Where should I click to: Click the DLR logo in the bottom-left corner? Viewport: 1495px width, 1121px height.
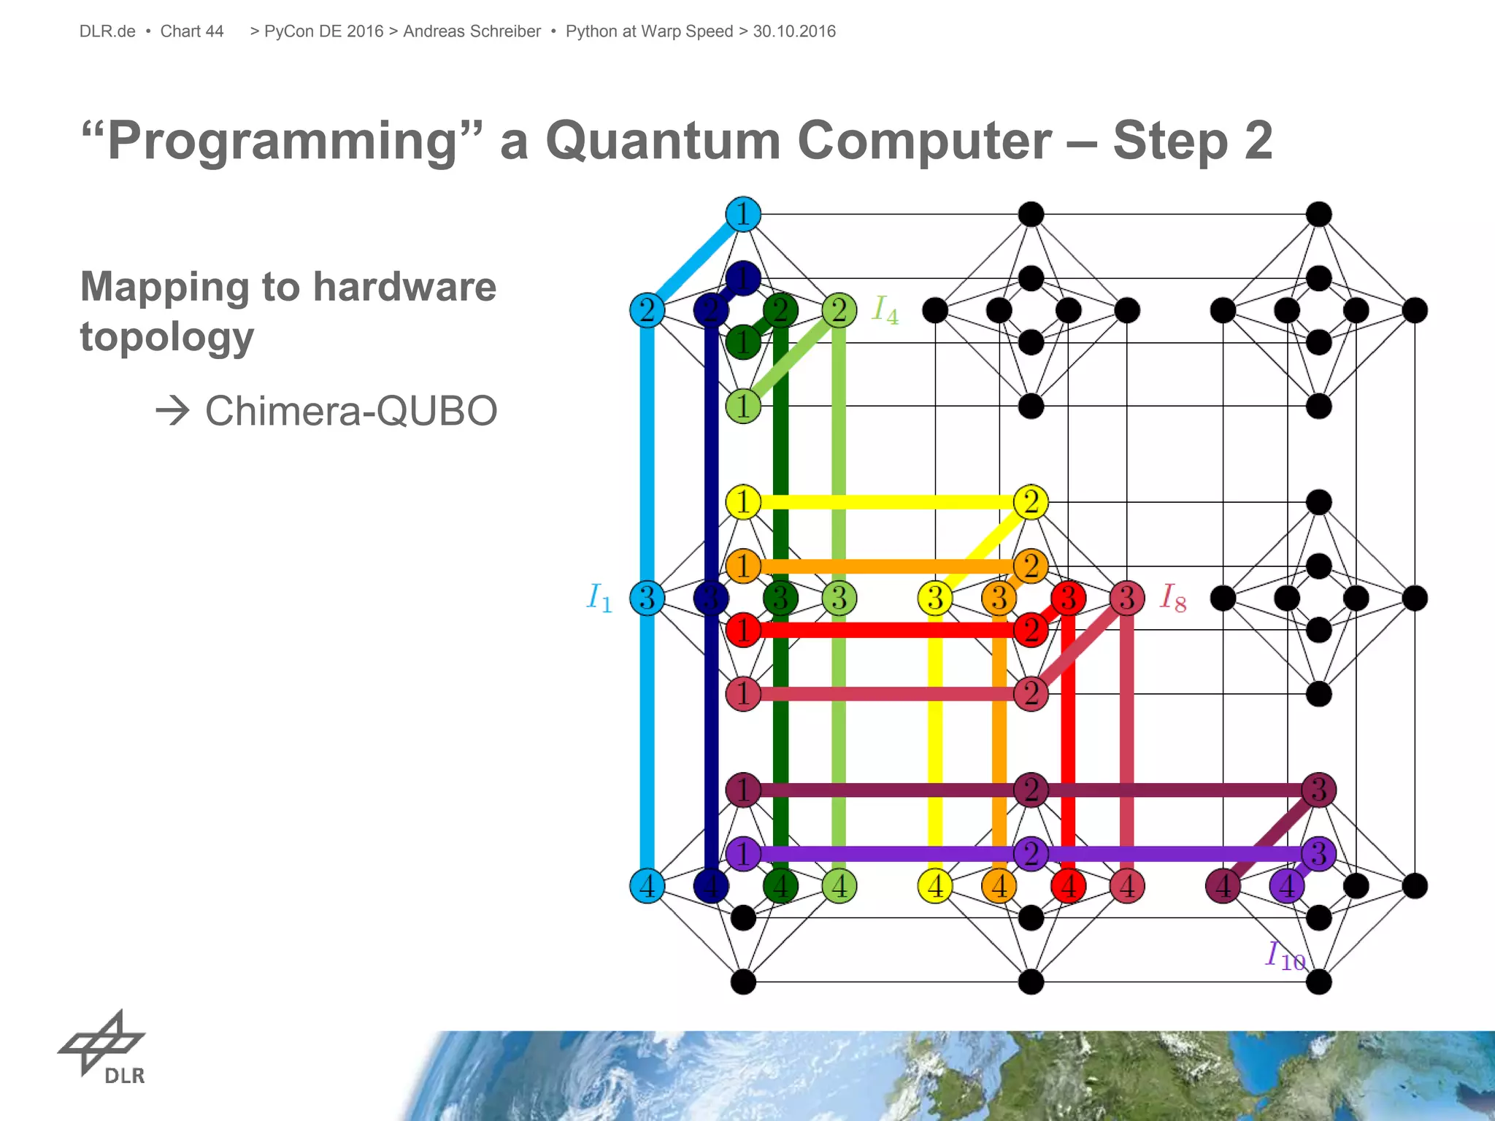tap(102, 1047)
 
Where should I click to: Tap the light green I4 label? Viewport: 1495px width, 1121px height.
tap(885, 309)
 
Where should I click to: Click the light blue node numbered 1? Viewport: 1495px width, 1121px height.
tap(743, 215)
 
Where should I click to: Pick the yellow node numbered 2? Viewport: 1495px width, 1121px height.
tap(1031, 502)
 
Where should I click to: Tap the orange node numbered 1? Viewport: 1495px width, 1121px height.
tap(743, 566)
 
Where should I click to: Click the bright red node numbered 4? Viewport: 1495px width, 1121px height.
tap(1068, 886)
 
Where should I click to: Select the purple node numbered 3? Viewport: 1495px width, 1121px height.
tap(1318, 853)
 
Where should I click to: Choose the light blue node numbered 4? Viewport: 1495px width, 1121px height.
tap(647, 886)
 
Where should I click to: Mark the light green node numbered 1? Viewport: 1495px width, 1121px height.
tap(743, 406)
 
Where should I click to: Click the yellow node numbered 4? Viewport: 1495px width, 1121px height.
tap(935, 886)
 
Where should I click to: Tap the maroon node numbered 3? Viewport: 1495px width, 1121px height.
tap(1318, 790)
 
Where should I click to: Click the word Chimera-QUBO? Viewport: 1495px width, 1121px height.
tap(351, 411)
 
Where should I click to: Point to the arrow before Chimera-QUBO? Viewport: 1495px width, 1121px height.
tap(173, 412)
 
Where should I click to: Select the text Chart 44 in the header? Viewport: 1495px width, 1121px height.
tap(191, 31)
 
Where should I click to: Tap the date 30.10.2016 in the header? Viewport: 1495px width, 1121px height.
tap(794, 31)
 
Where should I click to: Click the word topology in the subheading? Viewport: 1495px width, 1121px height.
tap(167, 336)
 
